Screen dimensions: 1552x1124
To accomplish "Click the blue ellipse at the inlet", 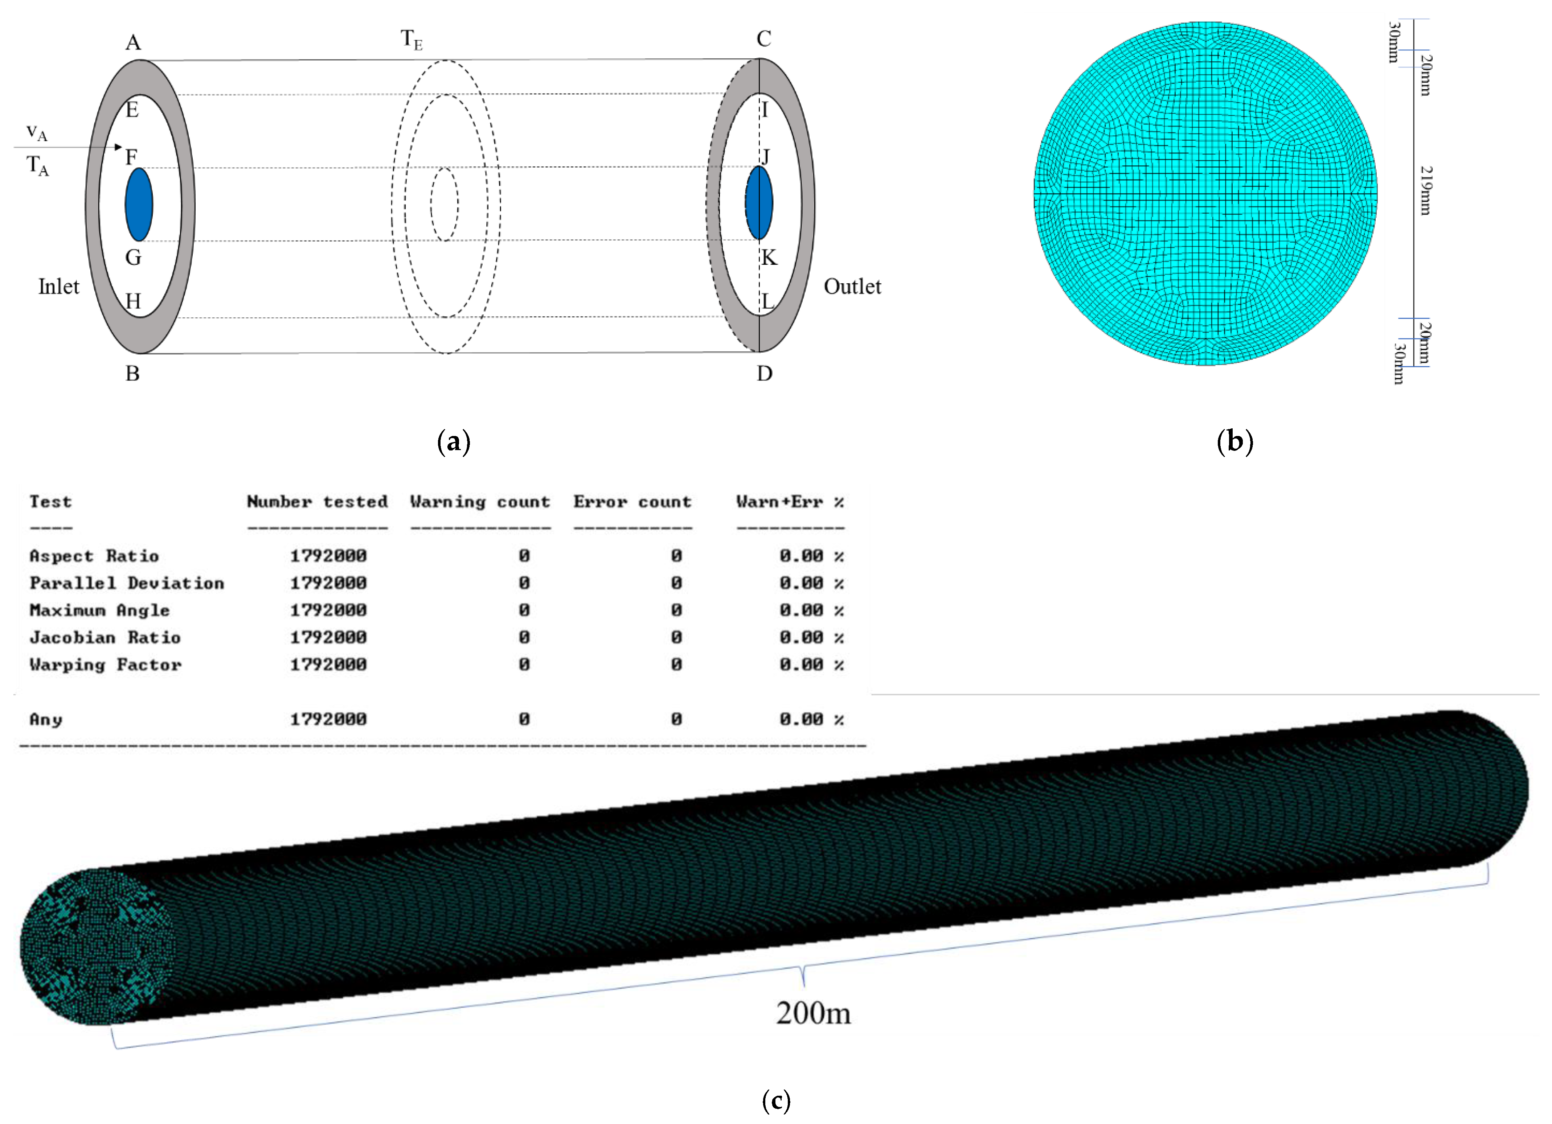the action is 139,205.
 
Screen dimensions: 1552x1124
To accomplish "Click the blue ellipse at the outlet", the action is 759,202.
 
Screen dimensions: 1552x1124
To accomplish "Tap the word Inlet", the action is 59,287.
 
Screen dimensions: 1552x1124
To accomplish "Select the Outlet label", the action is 852,287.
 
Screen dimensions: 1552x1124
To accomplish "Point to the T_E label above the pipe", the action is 411,40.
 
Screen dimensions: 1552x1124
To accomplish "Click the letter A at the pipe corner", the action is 134,42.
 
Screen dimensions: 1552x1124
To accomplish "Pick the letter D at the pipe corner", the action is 764,374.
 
